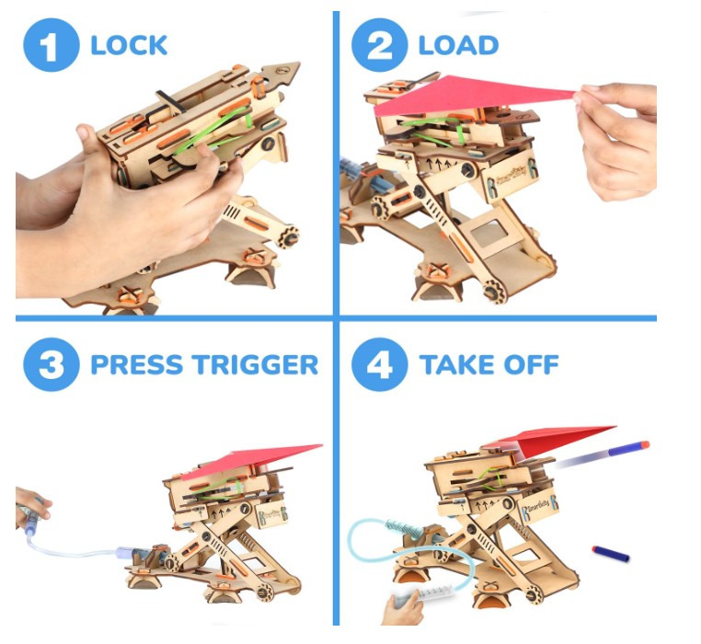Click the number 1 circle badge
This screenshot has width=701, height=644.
(51, 45)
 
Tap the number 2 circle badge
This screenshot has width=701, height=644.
(380, 45)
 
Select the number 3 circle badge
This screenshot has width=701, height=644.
(51, 364)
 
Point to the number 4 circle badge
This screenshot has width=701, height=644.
(380, 364)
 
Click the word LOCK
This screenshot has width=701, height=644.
(129, 45)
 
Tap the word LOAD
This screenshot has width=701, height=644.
(458, 45)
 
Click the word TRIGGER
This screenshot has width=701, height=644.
(257, 364)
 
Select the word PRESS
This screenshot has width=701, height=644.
(140, 364)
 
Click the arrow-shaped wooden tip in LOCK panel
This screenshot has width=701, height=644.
(281, 74)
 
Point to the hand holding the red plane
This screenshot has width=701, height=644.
(619, 139)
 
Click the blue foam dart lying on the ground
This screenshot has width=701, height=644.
(611, 553)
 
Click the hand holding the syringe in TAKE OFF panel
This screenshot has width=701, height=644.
(402, 607)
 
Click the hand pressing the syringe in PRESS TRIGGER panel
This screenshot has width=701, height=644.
(31, 505)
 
